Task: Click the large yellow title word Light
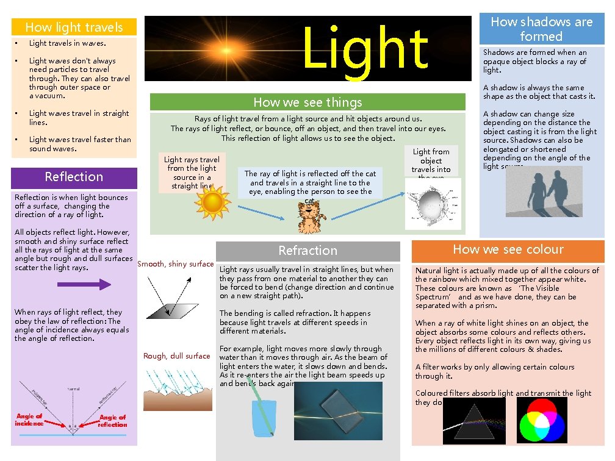click(x=364, y=48)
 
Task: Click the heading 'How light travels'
click(x=74, y=27)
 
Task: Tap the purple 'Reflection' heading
click(x=74, y=177)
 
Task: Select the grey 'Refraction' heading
click(x=307, y=251)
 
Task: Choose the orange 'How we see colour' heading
click(x=508, y=249)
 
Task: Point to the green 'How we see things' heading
click(x=307, y=102)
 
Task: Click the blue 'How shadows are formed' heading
click(x=541, y=29)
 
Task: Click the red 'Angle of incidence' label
click(x=29, y=420)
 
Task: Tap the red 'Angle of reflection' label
click(x=113, y=421)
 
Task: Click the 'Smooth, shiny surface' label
click(x=176, y=264)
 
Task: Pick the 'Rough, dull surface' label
click(x=176, y=356)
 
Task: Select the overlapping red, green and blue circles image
click(x=542, y=420)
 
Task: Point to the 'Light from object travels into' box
click(x=431, y=161)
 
